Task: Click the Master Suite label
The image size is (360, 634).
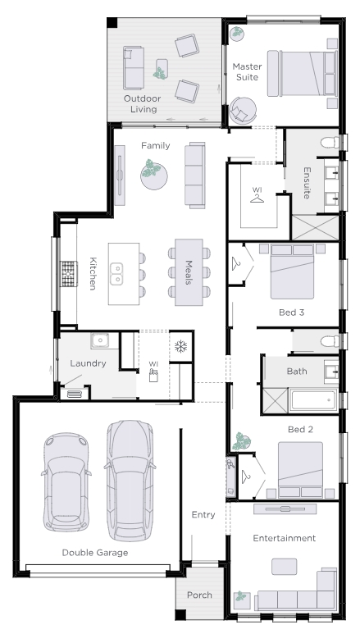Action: (247, 71)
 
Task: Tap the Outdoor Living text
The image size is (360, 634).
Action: (143, 103)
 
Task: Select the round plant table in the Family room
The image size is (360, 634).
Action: (154, 176)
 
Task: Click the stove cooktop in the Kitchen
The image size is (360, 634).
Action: (69, 274)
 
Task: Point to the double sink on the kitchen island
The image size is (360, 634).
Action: (116, 274)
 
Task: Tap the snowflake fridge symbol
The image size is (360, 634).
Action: (180, 346)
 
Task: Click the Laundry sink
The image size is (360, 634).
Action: (99, 340)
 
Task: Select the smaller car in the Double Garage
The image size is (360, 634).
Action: (66, 482)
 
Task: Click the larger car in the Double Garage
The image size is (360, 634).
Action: (130, 481)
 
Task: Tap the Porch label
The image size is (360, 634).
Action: (199, 595)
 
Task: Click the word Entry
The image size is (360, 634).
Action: (203, 515)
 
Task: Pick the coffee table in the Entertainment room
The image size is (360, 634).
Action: (284, 567)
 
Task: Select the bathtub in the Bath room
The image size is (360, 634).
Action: (313, 400)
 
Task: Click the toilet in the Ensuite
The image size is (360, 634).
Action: (330, 143)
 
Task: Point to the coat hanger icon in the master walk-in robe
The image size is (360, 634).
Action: (257, 198)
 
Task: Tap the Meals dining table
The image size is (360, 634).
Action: (189, 272)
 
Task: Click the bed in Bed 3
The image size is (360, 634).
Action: (292, 271)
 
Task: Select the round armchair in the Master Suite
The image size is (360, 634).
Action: (243, 111)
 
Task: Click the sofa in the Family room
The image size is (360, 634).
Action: (195, 175)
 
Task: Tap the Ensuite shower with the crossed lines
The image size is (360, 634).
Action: (315, 228)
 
